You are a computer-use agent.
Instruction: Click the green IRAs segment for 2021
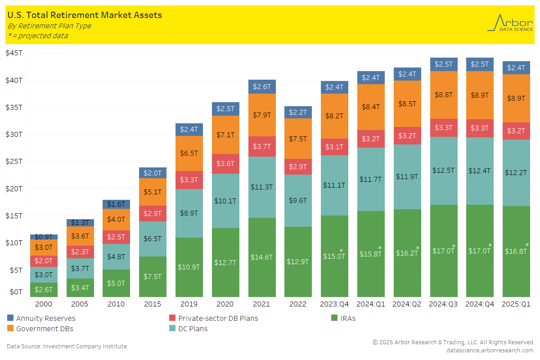[x=261, y=257]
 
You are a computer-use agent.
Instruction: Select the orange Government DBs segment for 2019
[x=189, y=153]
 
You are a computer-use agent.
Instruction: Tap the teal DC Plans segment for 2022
[x=297, y=200]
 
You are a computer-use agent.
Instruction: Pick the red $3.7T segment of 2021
[x=261, y=146]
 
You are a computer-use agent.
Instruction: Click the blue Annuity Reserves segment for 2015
[x=153, y=173]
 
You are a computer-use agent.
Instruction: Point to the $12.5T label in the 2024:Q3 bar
[x=443, y=171]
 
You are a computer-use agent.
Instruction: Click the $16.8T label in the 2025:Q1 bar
[x=515, y=251]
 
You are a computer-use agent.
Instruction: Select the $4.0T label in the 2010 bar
[x=116, y=220]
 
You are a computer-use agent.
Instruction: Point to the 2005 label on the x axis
[x=80, y=304]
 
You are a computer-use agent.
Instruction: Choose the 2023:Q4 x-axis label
[x=334, y=304]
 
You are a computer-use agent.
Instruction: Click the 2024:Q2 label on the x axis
[x=407, y=304]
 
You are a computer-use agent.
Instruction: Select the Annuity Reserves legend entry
[x=45, y=318]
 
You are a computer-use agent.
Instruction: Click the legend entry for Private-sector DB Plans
[x=218, y=318]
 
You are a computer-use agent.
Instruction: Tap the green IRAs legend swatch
[x=334, y=318]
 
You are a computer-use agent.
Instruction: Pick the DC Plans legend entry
[x=193, y=328]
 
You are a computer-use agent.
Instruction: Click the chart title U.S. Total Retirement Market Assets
[x=85, y=15]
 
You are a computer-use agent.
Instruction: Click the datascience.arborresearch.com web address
[x=490, y=350]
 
